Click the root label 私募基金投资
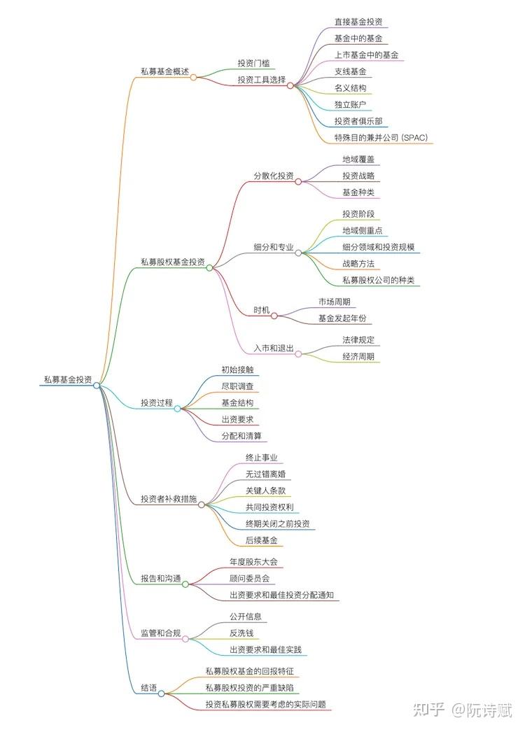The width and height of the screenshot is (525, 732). [x=68, y=379]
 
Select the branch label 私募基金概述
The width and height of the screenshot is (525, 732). [x=164, y=71]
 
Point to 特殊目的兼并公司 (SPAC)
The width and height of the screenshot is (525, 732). [x=381, y=138]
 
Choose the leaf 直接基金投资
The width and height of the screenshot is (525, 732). [x=358, y=22]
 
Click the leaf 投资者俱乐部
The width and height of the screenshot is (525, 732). [x=358, y=120]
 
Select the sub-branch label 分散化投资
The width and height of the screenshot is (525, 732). [x=274, y=175]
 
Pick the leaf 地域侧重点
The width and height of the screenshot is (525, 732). [x=362, y=230]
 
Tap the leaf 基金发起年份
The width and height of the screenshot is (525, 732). [x=342, y=318]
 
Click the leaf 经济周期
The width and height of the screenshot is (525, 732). [x=358, y=356]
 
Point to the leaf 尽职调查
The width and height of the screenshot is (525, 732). [x=237, y=386]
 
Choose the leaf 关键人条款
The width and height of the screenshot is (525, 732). [x=265, y=490]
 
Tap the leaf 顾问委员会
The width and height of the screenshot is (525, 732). [x=249, y=579]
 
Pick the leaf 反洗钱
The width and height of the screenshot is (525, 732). [x=241, y=633]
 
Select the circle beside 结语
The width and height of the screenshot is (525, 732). [x=161, y=694]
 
